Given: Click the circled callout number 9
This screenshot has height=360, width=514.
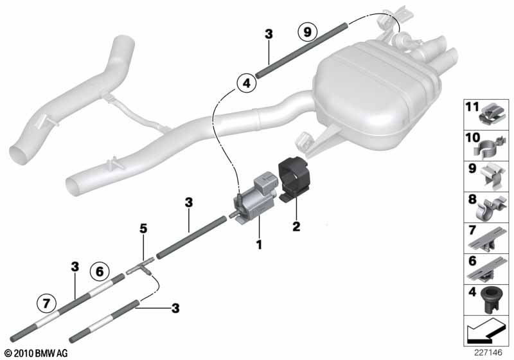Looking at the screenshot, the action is click(307, 32).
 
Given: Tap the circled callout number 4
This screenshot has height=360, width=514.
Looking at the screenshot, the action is click(247, 83).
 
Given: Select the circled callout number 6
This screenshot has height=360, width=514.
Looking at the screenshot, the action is click(100, 271).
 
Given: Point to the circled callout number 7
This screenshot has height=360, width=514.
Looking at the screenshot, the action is click(46, 303).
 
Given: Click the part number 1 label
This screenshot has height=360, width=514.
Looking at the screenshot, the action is click(259, 244).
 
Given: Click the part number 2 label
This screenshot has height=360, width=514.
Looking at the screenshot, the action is click(296, 226).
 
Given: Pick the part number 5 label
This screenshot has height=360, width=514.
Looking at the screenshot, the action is click(143, 228).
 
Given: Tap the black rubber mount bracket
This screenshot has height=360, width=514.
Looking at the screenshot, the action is click(294, 178).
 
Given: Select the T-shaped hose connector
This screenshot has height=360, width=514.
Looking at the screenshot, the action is click(140, 267).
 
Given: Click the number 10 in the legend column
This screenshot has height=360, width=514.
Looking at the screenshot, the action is click(472, 138).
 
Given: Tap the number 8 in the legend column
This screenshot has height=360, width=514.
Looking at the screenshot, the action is click(472, 199).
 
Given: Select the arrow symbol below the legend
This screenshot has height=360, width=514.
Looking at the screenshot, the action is click(486, 330).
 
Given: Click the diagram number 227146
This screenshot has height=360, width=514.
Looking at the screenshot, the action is click(488, 353).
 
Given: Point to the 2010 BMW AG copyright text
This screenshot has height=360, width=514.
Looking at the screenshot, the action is click(36, 353).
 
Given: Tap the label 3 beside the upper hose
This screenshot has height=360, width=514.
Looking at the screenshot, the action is click(269, 34).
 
